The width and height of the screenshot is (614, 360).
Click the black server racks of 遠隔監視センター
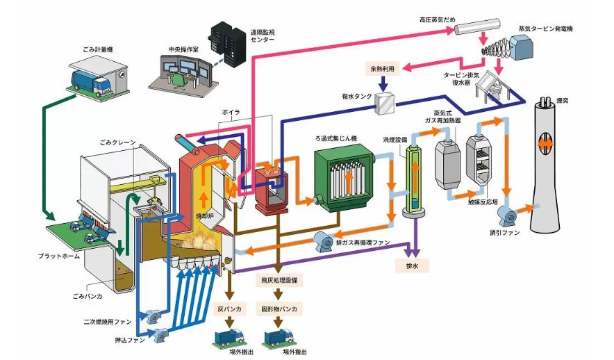227,39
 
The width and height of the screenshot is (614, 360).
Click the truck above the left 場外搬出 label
229,336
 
